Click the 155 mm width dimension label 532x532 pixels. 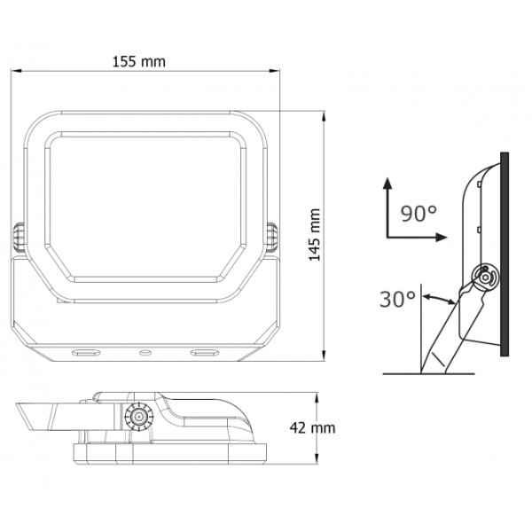click(x=139, y=62)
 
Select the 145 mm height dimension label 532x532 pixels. click(x=315, y=235)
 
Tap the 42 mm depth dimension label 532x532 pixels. click(x=312, y=428)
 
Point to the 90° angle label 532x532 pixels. click(x=419, y=214)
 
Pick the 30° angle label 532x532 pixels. click(x=397, y=300)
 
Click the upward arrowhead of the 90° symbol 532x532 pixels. click(x=387, y=183)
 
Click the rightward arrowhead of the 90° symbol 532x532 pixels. click(x=441, y=237)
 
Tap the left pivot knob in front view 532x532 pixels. click(x=19, y=238)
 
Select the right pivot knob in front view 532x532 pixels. click(x=272, y=238)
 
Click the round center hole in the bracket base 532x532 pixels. click(x=145, y=353)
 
